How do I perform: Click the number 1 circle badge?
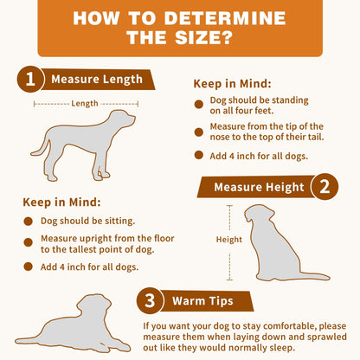[x=30, y=80]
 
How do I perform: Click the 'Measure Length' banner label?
[x=97, y=80]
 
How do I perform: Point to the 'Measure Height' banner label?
[x=259, y=186]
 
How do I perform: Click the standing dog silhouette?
[x=82, y=143]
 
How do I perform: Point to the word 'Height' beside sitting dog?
[x=228, y=239]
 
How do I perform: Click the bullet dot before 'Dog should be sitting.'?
[x=29, y=222]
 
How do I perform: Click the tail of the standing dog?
[x=48, y=137]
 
